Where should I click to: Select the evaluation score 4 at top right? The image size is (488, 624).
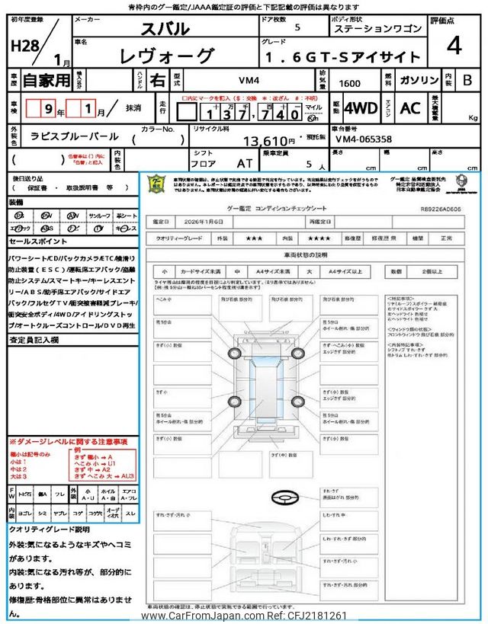[454, 46]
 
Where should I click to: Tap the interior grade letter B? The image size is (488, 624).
[467, 78]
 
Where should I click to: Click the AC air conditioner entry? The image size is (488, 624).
[410, 109]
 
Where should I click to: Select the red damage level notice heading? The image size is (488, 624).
[68, 441]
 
